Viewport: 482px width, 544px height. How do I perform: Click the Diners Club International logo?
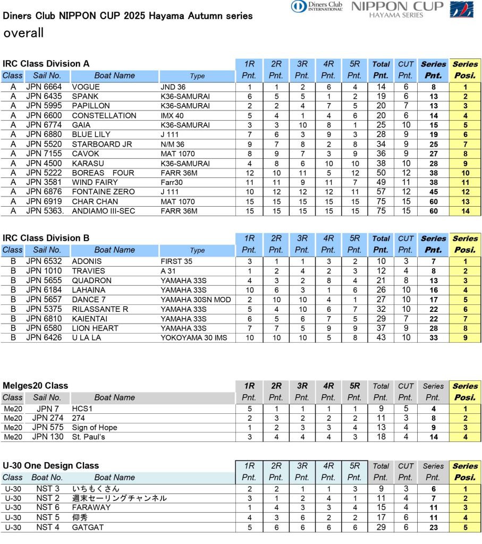[x=317, y=6]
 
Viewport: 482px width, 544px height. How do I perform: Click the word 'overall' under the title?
[x=23, y=33]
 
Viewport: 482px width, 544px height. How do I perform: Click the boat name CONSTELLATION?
[x=104, y=116]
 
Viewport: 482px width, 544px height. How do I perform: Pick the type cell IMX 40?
[x=172, y=116]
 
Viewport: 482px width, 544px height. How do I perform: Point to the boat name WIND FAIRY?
[x=95, y=182]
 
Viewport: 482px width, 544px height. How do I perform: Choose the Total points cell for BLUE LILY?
[x=381, y=135]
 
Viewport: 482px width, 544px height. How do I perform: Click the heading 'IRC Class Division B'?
[x=46, y=238]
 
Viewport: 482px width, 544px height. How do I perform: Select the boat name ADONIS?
[x=87, y=261]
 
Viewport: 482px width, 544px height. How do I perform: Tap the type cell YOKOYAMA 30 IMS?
[x=193, y=338]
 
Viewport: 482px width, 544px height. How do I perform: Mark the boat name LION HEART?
[x=95, y=328]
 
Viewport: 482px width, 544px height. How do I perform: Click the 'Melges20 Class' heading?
[x=36, y=386]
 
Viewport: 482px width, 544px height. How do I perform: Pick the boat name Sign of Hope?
[x=95, y=428]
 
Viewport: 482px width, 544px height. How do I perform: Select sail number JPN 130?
[x=48, y=437]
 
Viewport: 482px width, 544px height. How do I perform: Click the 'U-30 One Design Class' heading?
[x=51, y=465]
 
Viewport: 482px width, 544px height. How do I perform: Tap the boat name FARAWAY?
[x=91, y=508]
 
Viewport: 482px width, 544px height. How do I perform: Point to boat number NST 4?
[x=48, y=528]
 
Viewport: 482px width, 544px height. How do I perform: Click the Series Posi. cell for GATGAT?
[x=465, y=528]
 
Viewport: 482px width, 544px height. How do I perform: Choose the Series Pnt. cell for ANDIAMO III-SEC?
[x=434, y=211]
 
